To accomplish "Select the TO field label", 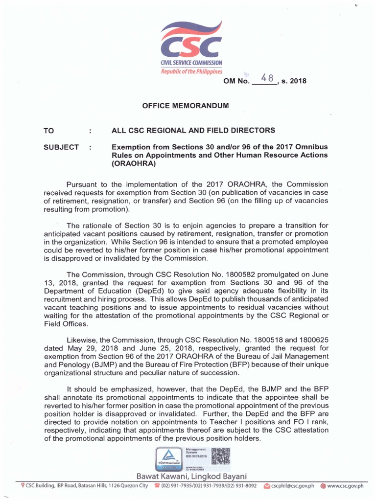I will (49, 131).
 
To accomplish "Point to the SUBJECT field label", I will (61, 147).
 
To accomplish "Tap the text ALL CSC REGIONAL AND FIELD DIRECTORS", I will (193, 131).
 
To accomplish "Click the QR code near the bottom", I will (221, 456).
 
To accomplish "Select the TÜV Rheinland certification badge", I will (168, 458).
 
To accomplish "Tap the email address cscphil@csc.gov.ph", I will (295, 486).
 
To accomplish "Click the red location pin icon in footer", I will (23, 486).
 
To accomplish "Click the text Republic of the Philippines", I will (192, 71).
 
